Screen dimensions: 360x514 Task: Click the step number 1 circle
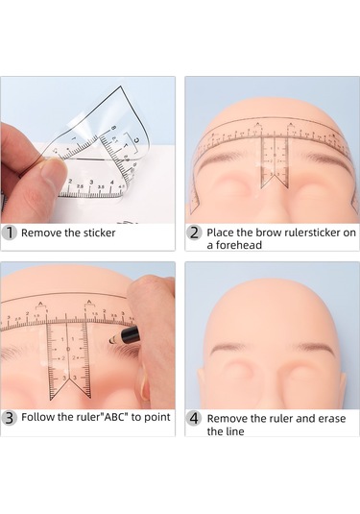pyautogui.click(x=10, y=233)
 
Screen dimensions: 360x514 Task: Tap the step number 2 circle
pyautogui.click(x=194, y=233)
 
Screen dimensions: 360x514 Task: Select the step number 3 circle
pyautogui.click(x=10, y=418)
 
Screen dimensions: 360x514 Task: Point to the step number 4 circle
pyautogui.click(x=194, y=419)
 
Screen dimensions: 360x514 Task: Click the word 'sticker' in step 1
pyautogui.click(x=99, y=233)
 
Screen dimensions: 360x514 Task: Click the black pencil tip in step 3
pyautogui.click(x=112, y=341)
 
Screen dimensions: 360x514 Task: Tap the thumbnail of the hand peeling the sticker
pyautogui.click(x=87, y=150)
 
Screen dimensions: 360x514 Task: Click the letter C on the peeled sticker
pyautogui.click(x=137, y=140)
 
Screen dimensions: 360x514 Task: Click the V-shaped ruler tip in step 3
pyautogui.click(x=70, y=389)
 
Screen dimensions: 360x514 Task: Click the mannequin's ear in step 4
pyautogui.click(x=343, y=387)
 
